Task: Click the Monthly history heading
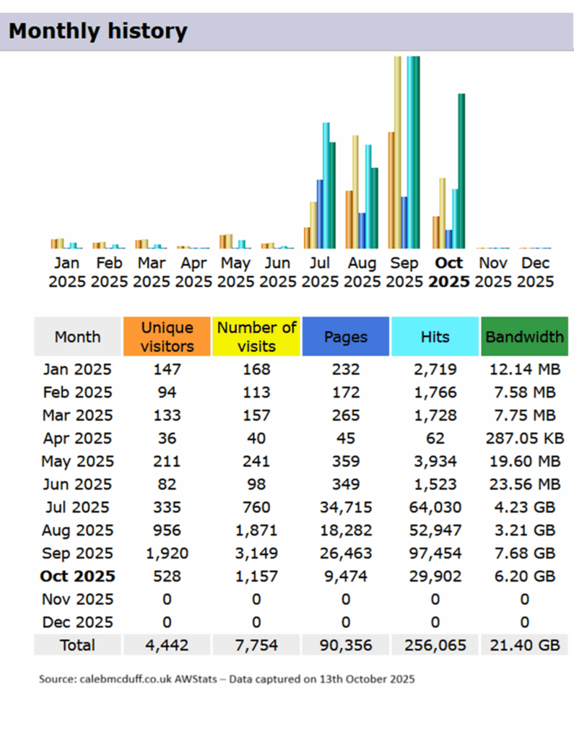pos(97,31)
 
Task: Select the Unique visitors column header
pos(167,337)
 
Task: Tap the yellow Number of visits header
pos(256,337)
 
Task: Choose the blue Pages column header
pos(346,337)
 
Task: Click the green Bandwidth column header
pos(524,337)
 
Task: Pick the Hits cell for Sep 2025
pos(435,554)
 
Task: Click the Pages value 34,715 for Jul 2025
pos(346,507)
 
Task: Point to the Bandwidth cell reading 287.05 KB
pos(524,438)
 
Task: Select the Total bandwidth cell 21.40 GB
pos(524,645)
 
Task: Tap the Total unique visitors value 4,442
pos(167,645)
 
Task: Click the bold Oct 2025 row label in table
pos(77,577)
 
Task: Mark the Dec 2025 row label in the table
pos(77,622)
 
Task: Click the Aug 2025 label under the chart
pos(362,272)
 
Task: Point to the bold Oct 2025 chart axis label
pos(448,272)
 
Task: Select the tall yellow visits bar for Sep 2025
pos(397,152)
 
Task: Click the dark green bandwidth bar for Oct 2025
pos(461,171)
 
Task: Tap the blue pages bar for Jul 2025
pos(319,214)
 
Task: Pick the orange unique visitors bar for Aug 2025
pos(349,219)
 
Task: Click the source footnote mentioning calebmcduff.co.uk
pos(227,680)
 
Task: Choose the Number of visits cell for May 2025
pos(256,461)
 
